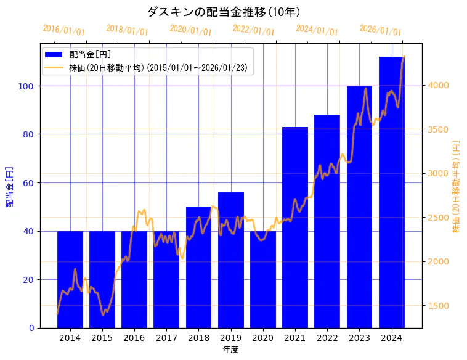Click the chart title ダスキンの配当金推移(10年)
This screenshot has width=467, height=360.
224,12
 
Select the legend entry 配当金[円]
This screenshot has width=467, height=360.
90,54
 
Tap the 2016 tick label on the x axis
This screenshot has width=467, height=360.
134,337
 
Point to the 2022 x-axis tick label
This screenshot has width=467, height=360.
327,337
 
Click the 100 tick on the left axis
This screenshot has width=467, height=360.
26,86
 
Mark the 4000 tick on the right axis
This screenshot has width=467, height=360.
439,85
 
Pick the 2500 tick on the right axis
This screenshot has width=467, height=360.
439,218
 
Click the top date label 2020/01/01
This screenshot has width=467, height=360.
190,30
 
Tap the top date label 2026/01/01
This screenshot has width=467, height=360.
380,30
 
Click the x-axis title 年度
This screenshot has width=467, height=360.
230,350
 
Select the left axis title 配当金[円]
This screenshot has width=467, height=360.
9,186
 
